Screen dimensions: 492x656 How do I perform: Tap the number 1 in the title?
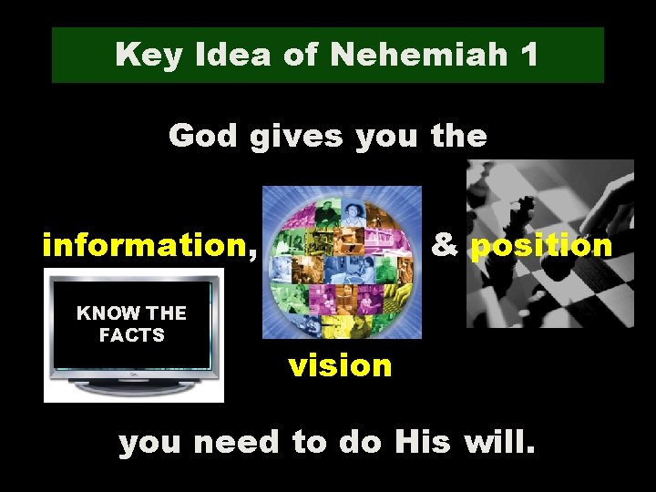[x=528, y=56]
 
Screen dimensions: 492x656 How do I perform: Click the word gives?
[x=296, y=137]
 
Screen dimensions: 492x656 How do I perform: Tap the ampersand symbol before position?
[x=445, y=245]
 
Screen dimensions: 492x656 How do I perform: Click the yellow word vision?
[x=340, y=365]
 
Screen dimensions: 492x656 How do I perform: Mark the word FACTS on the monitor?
[x=132, y=335]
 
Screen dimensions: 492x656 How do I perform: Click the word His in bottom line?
[x=423, y=443]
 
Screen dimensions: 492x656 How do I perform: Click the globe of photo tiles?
[x=342, y=262]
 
